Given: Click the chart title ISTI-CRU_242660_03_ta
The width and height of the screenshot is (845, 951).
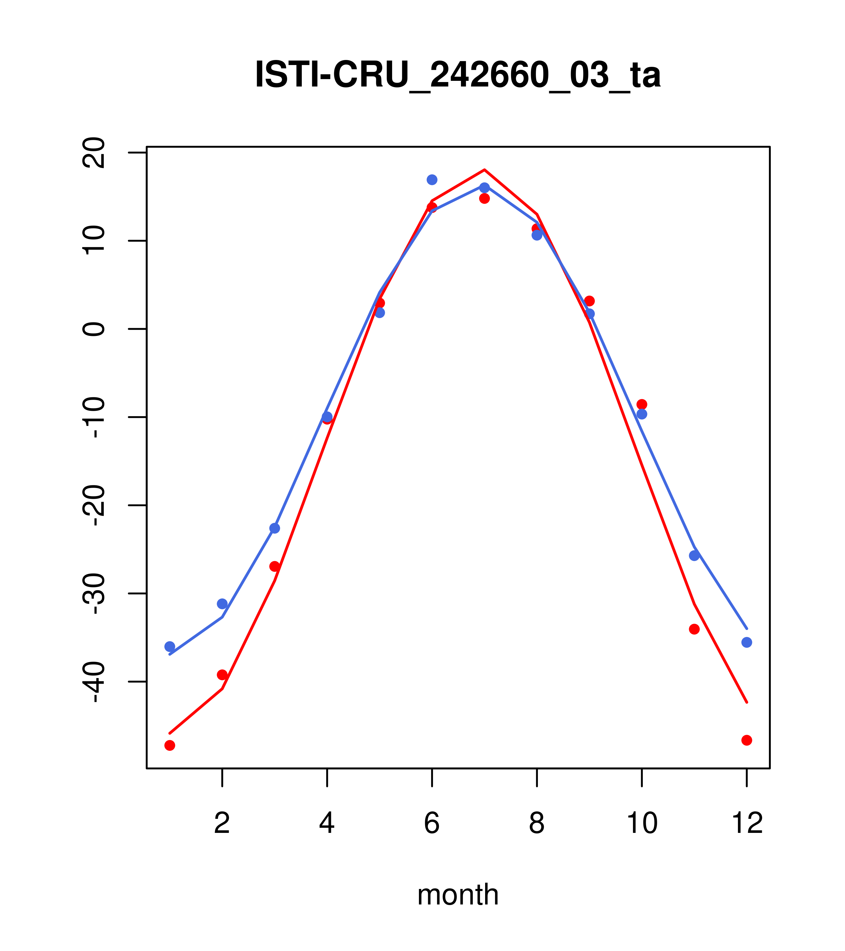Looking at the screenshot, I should tap(458, 75).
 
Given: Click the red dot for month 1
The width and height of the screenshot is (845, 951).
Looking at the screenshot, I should tap(170, 745).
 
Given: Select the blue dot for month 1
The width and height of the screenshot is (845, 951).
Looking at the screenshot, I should tap(170, 647).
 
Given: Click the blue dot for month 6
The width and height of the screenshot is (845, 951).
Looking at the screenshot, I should tap(432, 180).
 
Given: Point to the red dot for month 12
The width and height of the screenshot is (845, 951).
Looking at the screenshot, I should tap(747, 740).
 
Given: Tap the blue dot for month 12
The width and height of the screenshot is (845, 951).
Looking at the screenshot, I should tap(747, 643).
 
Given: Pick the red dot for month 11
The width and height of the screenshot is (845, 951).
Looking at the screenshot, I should tap(694, 629).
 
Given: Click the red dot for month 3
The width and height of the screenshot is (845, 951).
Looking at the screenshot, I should tap(275, 566).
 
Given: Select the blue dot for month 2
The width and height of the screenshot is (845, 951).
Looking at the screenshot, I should tap(222, 604).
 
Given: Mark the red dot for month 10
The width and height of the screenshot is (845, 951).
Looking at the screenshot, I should tap(642, 404).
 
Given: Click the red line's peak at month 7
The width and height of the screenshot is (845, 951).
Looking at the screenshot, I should tap(485, 170).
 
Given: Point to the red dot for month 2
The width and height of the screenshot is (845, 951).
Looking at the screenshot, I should tap(222, 675).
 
